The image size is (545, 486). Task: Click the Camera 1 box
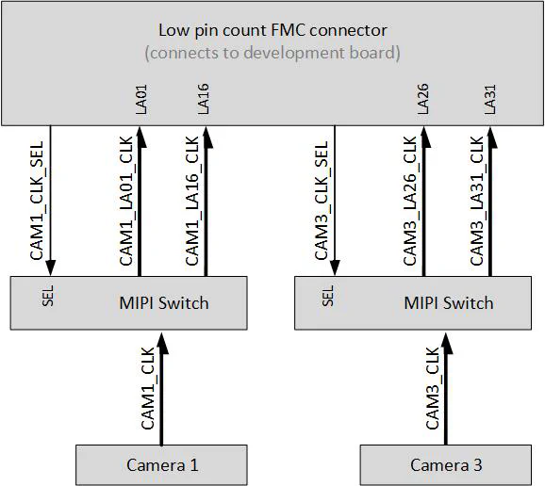click(x=161, y=464)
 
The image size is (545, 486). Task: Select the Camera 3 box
click(x=445, y=464)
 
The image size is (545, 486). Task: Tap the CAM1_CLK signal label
click(x=148, y=388)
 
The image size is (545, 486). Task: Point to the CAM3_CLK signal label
click(x=433, y=388)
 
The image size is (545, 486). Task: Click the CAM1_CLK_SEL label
click(x=37, y=202)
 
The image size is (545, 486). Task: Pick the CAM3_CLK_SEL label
click(x=322, y=202)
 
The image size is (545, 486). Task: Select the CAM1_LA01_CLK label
click(x=127, y=202)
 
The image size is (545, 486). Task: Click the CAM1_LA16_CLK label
click(x=192, y=202)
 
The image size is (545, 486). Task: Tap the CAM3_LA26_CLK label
click(x=411, y=202)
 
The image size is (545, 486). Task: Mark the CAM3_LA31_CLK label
click(x=477, y=202)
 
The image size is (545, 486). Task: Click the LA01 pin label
click(x=142, y=101)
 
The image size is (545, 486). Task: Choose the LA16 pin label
click(x=205, y=101)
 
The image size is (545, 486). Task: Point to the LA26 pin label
click(x=424, y=101)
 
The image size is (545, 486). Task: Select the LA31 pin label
click(x=490, y=101)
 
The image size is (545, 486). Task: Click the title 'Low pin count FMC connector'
click(x=272, y=30)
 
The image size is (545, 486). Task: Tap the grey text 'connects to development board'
click(x=272, y=53)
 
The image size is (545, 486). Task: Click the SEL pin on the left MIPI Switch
click(x=48, y=298)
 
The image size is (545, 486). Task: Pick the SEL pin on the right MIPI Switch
click(x=329, y=298)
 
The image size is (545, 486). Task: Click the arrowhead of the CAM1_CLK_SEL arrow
click(x=50, y=267)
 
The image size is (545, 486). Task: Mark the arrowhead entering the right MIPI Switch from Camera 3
click(x=446, y=339)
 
